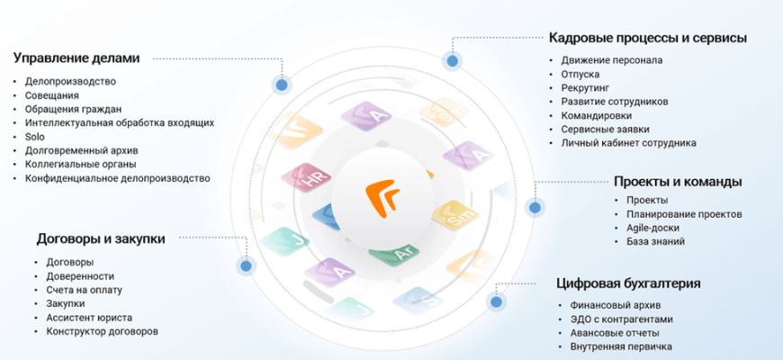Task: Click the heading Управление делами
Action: [76, 58]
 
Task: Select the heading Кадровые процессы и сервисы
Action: [648, 38]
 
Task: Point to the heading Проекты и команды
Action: [678, 181]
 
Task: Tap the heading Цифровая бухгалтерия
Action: [628, 284]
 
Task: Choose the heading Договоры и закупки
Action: [101, 238]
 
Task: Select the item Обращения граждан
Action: [67, 109]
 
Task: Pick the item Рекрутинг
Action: [585, 88]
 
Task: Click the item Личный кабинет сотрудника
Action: [628, 143]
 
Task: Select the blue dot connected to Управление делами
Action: [282, 85]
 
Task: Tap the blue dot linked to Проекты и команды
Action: [534, 208]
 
